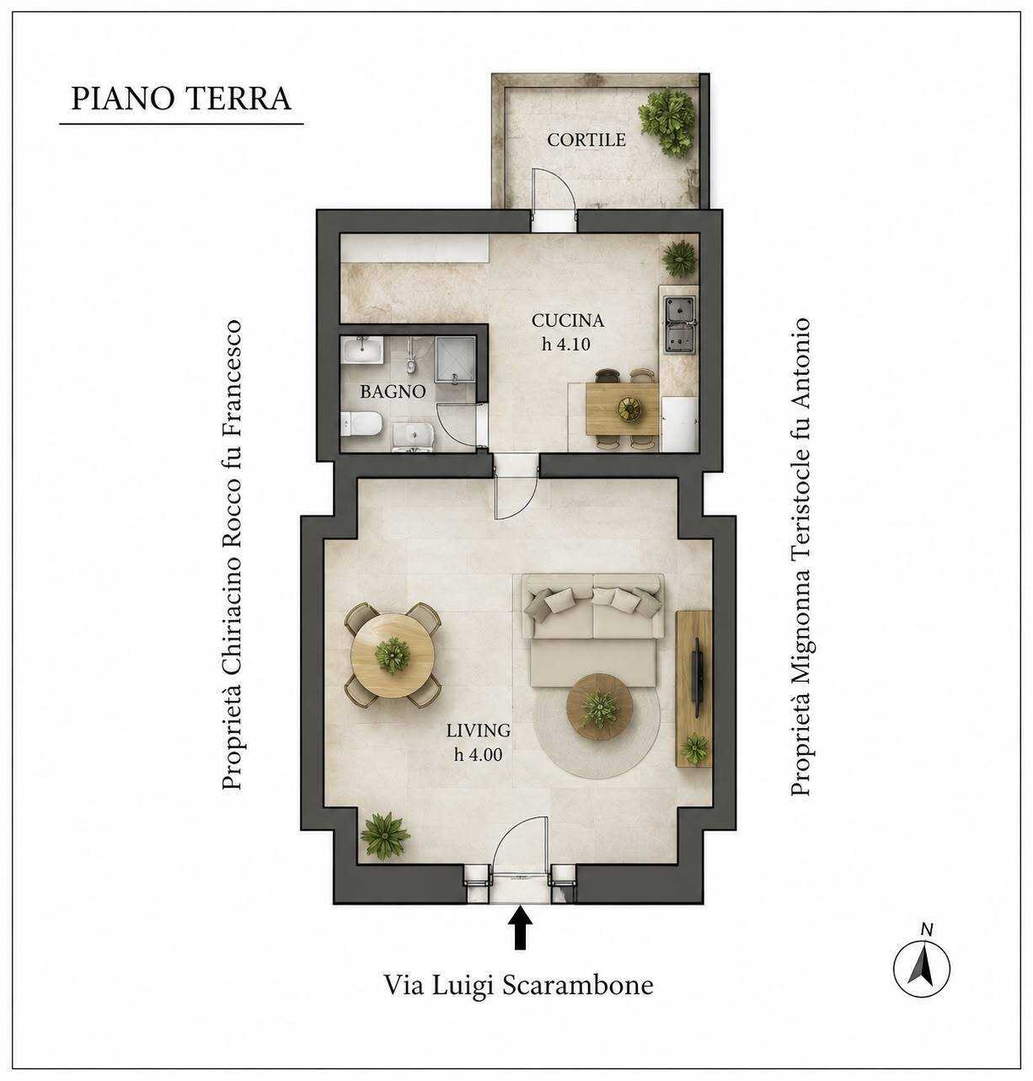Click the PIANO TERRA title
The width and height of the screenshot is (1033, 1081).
click(181, 99)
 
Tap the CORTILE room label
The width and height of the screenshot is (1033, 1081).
click(586, 139)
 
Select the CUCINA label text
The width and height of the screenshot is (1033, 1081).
click(568, 320)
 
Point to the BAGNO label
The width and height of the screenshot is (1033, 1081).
click(393, 392)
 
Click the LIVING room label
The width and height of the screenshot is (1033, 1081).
click(479, 730)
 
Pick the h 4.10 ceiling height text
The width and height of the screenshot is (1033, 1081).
click(566, 345)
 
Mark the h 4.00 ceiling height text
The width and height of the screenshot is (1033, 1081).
click(479, 754)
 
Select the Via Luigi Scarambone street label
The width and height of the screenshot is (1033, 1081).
click(519, 986)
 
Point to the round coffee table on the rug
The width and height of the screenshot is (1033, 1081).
click(599, 707)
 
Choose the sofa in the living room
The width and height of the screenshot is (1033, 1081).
click(592, 630)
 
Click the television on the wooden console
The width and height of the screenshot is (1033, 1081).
click(697, 677)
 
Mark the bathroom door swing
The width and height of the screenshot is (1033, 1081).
click(460, 425)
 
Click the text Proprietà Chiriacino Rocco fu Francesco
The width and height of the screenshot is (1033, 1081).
click(232, 554)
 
